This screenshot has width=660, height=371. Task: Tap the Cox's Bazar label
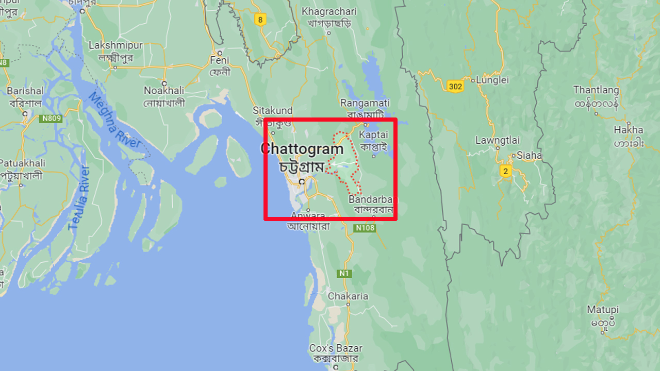point(336,348)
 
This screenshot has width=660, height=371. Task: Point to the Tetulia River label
point(79,198)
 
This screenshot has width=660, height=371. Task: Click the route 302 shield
point(455,86)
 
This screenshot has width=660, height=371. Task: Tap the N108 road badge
point(365,228)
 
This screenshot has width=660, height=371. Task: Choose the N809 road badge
point(51,119)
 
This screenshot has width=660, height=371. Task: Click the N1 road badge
point(344,273)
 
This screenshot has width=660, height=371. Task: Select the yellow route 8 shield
point(260,20)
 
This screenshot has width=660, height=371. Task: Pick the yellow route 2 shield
point(505,171)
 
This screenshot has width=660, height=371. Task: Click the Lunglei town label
point(492,80)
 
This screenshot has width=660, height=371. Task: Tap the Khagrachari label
point(329,11)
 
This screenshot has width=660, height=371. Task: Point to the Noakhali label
point(164,91)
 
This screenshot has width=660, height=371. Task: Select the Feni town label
point(219,61)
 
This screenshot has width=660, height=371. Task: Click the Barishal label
point(25,91)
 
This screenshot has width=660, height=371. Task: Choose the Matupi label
point(603,310)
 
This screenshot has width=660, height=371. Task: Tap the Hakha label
point(629,130)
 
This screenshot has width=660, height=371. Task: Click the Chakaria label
point(348,296)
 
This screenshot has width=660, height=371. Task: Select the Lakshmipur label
point(115,46)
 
